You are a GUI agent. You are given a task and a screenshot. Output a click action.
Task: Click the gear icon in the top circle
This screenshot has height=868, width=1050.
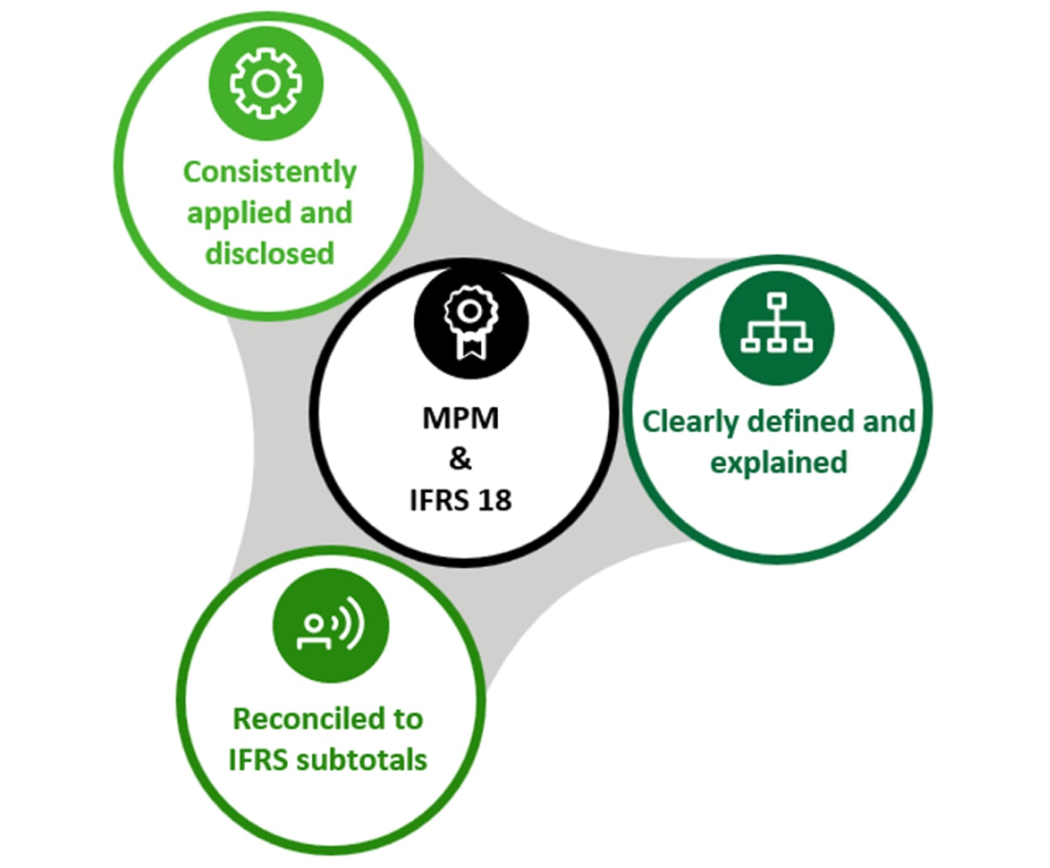click(266, 83)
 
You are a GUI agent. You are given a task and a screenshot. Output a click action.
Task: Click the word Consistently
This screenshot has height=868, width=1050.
click(269, 172)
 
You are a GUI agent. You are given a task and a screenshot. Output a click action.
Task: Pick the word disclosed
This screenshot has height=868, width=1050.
click(269, 253)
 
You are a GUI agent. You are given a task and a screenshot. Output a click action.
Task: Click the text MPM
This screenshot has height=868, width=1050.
click(460, 418)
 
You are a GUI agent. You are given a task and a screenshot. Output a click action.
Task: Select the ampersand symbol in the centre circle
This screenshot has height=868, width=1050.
click(460, 459)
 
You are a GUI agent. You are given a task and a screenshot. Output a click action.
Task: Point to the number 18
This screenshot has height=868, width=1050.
click(494, 501)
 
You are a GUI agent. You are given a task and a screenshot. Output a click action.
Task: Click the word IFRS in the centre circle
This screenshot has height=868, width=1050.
click(439, 501)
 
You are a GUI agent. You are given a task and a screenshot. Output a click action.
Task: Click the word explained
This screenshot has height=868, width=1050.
click(778, 463)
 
